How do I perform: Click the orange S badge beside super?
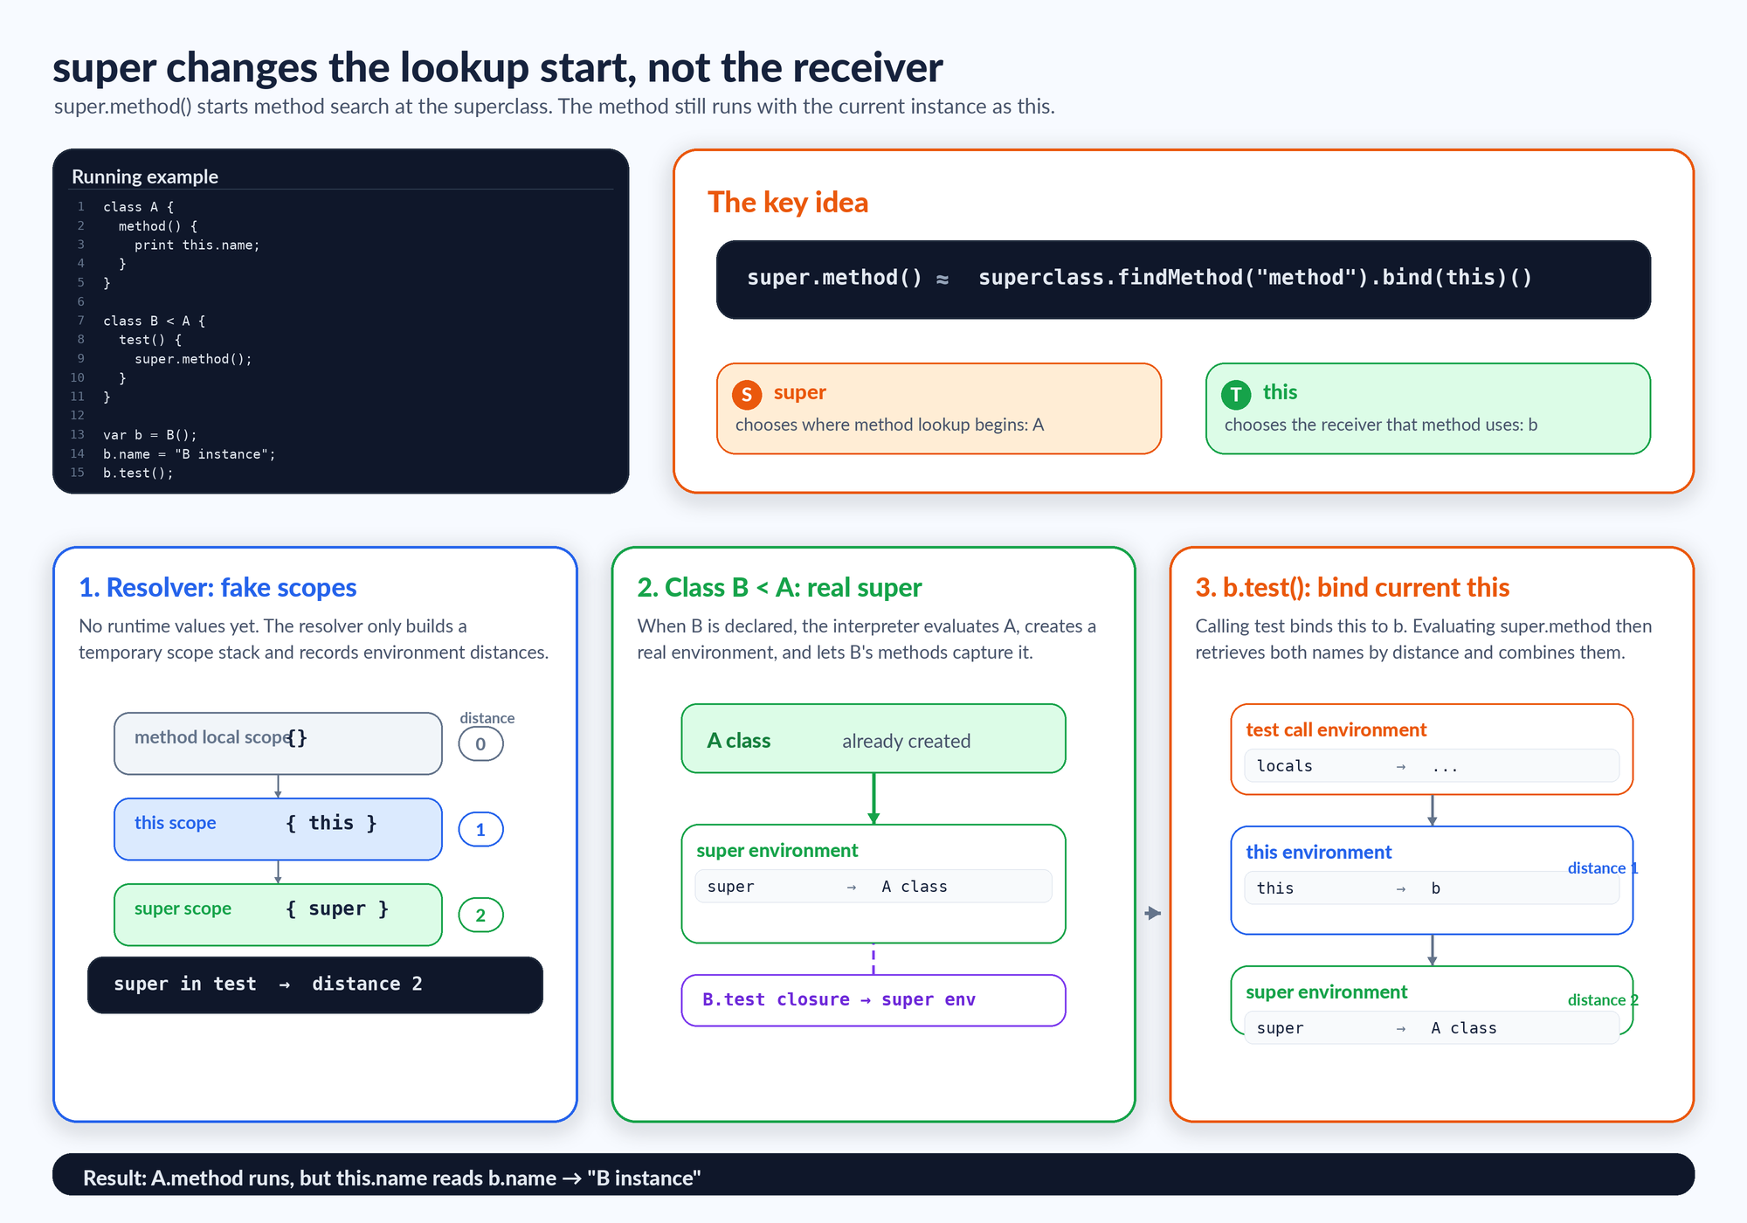[747, 395]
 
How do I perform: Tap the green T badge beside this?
[1236, 395]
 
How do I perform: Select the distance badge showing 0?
[480, 744]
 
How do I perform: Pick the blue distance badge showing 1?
[480, 830]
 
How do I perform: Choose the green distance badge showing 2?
[480, 916]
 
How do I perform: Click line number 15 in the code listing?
[78, 473]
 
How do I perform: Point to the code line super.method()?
[193, 359]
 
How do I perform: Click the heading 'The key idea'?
[788, 203]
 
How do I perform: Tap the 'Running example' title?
[145, 176]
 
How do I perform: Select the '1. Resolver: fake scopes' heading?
[218, 588]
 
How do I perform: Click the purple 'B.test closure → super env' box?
[873, 1000]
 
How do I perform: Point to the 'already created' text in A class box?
[906, 741]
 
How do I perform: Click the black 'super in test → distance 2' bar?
[315, 985]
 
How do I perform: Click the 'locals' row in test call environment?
[1432, 766]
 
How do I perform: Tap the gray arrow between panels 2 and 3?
[1153, 913]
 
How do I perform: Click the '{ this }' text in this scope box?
[331, 823]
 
